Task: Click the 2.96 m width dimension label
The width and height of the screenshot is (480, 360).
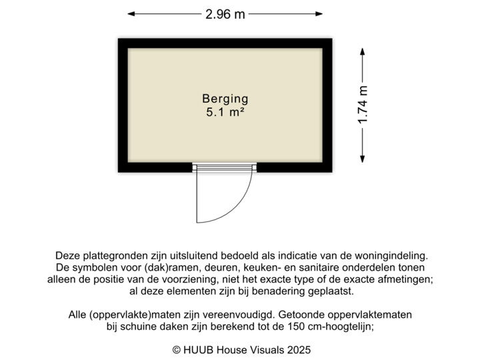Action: click(x=225, y=13)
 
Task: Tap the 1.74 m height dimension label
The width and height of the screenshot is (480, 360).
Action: click(x=363, y=105)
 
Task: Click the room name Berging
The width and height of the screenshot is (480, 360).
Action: click(x=225, y=99)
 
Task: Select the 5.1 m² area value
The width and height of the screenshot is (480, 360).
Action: click(x=225, y=113)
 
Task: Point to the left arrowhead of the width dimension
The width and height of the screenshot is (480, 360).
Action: click(x=131, y=13)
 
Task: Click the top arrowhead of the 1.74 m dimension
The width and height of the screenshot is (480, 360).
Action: click(x=363, y=50)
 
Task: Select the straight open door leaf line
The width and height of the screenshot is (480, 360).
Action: click(x=196, y=197)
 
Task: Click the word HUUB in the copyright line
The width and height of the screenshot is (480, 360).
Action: click(x=197, y=349)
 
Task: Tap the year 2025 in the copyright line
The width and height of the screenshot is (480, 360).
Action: click(x=299, y=349)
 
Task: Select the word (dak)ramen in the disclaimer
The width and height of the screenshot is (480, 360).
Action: click(x=151, y=267)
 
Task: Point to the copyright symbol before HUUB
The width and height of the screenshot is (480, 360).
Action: click(x=176, y=349)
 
